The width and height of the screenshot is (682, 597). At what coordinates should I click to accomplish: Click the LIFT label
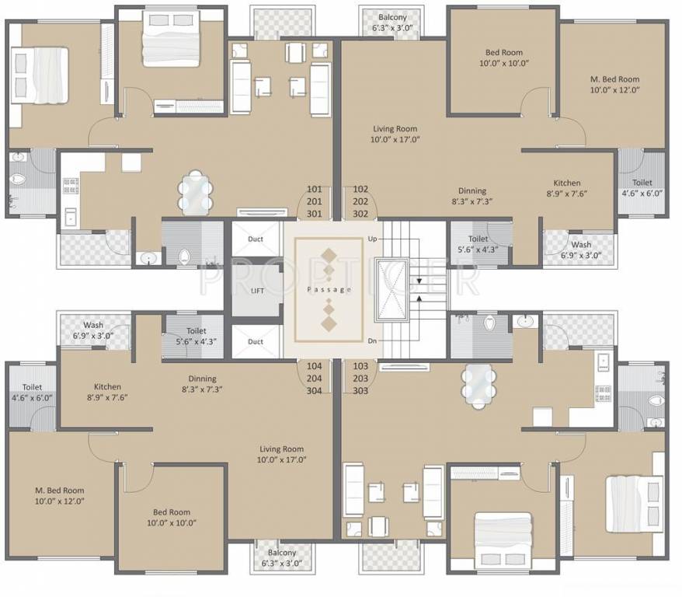click(258, 291)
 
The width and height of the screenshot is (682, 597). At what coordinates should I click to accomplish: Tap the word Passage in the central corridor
click(329, 290)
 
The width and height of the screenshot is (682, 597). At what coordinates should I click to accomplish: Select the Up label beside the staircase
click(371, 238)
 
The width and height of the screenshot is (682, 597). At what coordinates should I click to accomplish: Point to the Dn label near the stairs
click(371, 340)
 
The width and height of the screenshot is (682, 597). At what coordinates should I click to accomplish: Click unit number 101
click(314, 189)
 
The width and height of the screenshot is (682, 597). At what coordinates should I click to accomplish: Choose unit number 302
click(360, 214)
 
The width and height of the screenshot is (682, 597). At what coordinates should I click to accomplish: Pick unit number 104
click(314, 365)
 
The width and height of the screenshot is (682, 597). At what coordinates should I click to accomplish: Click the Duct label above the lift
click(256, 239)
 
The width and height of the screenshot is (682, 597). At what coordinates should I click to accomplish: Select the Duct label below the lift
click(256, 341)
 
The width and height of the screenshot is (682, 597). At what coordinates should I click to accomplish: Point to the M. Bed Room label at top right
click(614, 84)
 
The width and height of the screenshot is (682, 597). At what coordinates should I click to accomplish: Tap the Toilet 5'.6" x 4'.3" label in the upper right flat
click(478, 245)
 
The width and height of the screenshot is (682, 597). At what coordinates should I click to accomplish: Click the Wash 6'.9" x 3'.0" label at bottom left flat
click(93, 330)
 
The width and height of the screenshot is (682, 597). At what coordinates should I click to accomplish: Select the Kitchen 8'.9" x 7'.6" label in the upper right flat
click(567, 188)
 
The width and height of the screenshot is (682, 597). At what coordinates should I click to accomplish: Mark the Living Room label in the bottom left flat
click(281, 454)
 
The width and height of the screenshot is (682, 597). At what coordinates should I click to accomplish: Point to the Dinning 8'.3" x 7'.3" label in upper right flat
click(471, 196)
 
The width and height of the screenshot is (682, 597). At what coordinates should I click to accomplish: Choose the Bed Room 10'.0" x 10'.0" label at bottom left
click(171, 518)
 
